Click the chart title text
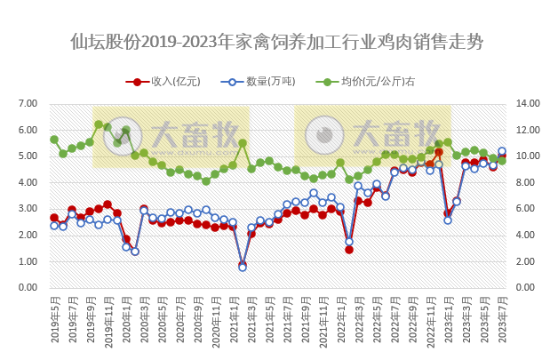pos(276,42)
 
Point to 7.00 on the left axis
pos(28,104)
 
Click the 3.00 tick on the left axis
pos(28,209)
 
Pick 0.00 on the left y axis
pos(28,288)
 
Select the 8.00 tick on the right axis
pos(527,182)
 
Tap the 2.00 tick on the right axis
pos(527,261)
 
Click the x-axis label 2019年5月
pos(54,324)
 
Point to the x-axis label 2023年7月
pos(502,324)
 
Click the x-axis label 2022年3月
pos(358,324)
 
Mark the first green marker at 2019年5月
pos(54,140)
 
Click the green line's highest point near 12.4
pos(99,124)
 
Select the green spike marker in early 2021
pos(243,142)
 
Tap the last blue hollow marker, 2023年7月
pos(502,151)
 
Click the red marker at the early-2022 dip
pos(349,250)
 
